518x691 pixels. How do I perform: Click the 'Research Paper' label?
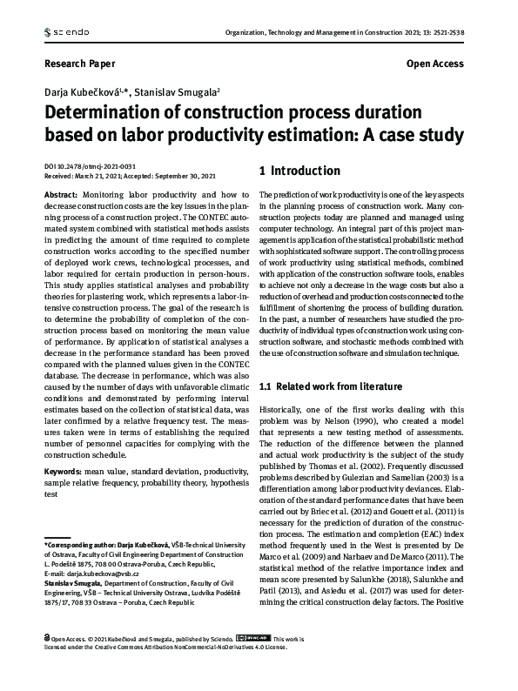pos(78,64)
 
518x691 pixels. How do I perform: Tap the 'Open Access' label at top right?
pos(435,64)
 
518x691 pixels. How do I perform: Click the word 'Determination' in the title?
pos(112,113)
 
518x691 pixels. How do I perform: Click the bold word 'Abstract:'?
pos(60,196)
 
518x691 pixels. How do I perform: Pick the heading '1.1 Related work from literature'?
pos(331,386)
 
